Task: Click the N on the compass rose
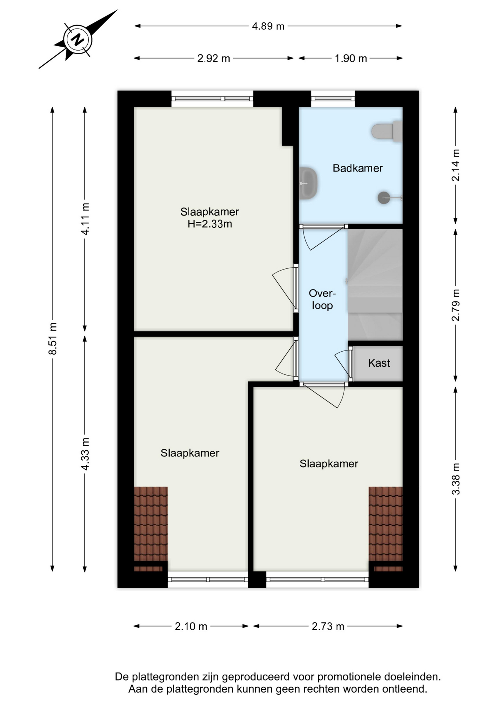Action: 77,39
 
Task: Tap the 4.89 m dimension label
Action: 268,26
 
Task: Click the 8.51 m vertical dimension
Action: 53,338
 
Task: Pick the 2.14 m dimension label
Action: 455,165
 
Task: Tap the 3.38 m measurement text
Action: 455,478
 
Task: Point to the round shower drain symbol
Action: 384,198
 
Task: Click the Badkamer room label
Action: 358,168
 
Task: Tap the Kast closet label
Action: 379,363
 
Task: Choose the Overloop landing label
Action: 322,299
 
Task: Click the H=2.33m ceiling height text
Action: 210,224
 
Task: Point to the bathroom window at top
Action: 333,99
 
